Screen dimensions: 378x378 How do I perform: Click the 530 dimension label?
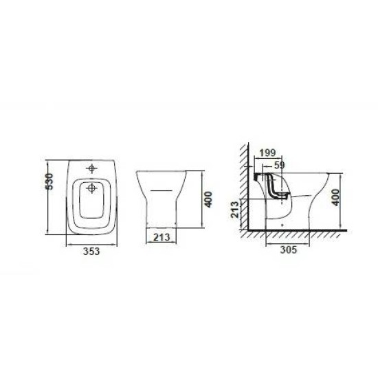pos(49,181)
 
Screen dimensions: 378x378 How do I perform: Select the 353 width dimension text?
pos(91,252)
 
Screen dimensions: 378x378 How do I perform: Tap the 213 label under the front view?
pos(162,238)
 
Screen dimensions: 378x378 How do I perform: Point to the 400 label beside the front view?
pos(208,199)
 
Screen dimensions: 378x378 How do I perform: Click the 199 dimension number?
pos(267,153)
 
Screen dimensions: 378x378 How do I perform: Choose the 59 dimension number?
pos(280,165)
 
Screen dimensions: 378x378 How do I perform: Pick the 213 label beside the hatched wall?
pos(235,209)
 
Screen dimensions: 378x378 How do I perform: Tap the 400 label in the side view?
pos(335,197)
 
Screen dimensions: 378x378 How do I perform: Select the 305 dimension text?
pos(289,249)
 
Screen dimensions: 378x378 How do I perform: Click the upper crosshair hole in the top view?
pos(91,168)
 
